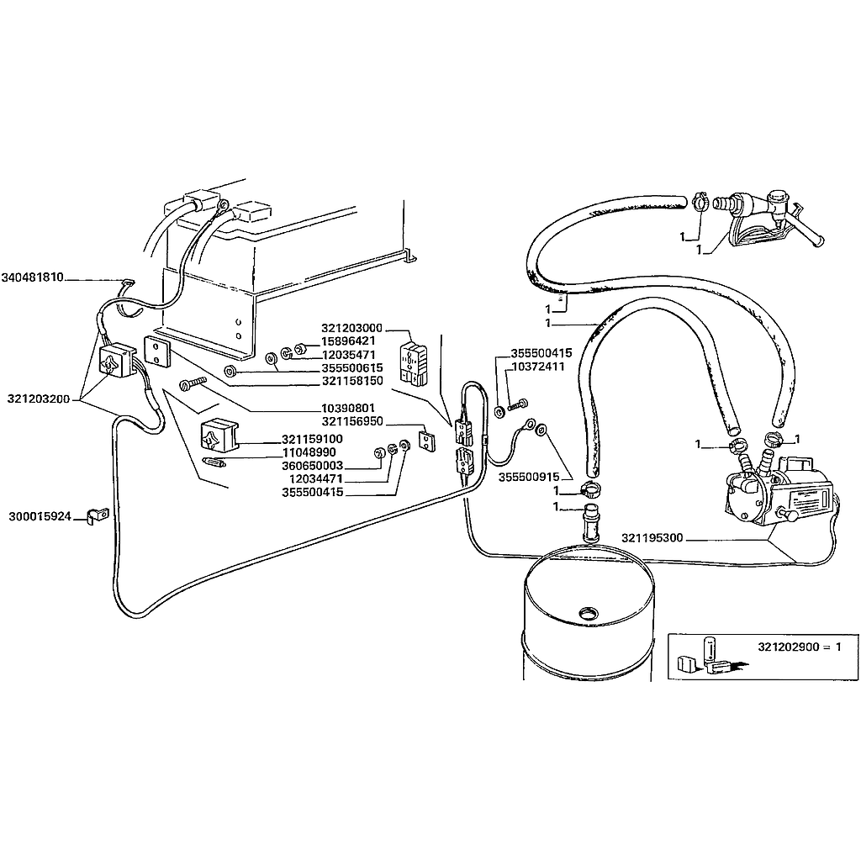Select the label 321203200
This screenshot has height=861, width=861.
tap(39, 398)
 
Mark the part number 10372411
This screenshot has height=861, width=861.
tap(538, 367)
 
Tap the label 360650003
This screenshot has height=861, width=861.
tap(313, 465)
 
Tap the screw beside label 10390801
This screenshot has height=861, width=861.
tap(194, 385)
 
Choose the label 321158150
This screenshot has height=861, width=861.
tap(351, 380)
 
